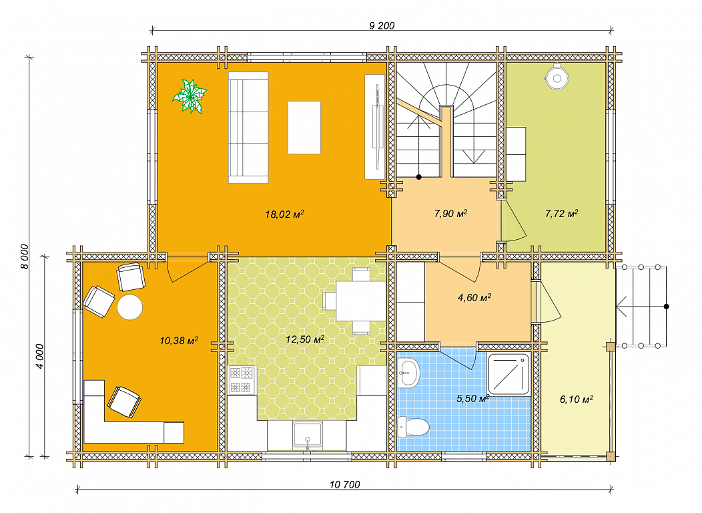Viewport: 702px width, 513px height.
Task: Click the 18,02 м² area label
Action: (284, 214)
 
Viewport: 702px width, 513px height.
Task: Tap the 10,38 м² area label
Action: (179, 341)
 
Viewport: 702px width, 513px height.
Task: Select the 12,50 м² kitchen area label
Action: (305, 339)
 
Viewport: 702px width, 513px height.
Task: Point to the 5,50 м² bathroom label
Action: (472, 398)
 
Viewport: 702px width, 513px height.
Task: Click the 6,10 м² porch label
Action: (576, 399)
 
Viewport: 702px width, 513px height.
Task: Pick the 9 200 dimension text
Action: (382, 25)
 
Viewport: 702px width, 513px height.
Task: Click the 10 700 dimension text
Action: (345, 484)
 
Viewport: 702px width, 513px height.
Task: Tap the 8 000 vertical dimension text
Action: (25, 256)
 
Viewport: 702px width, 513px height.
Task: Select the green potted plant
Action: (190, 96)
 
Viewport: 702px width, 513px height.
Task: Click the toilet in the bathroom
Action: (414, 426)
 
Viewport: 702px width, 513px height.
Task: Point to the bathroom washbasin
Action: (409, 373)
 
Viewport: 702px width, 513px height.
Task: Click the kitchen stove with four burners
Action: (242, 380)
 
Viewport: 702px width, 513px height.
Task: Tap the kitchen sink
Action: (307, 435)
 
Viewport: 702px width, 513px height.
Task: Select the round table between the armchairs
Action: (130, 307)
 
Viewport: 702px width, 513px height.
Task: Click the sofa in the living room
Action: (248, 128)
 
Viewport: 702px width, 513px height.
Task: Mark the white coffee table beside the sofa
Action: (304, 128)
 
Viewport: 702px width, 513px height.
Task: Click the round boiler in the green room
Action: (557, 77)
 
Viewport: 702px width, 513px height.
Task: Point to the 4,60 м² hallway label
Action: (474, 297)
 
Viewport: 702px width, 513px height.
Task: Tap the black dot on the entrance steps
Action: (666, 307)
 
